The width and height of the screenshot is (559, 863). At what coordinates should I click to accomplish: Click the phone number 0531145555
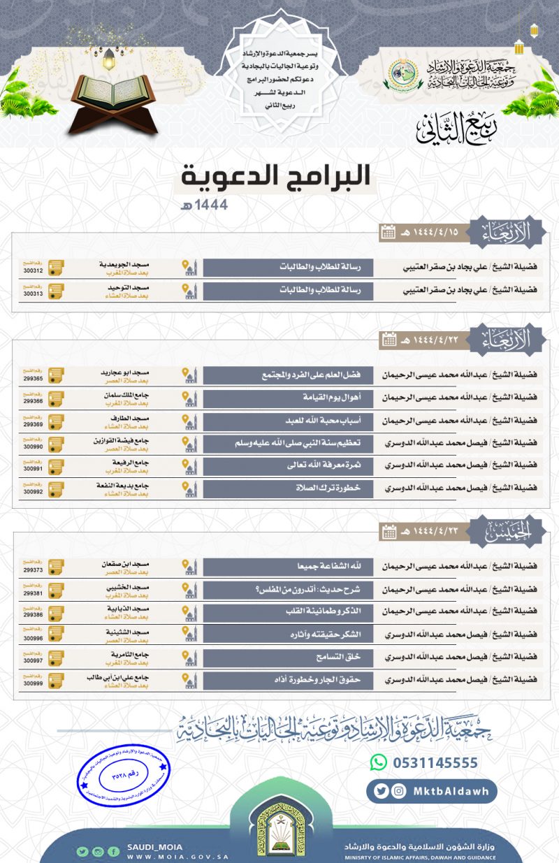[x=434, y=762]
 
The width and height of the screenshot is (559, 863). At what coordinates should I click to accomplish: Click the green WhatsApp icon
[x=378, y=762]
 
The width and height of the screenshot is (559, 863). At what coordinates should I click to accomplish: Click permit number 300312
[x=33, y=271]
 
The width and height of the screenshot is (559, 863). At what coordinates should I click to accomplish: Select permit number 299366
[x=33, y=402]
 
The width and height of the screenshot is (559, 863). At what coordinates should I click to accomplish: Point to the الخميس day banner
[x=506, y=532]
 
